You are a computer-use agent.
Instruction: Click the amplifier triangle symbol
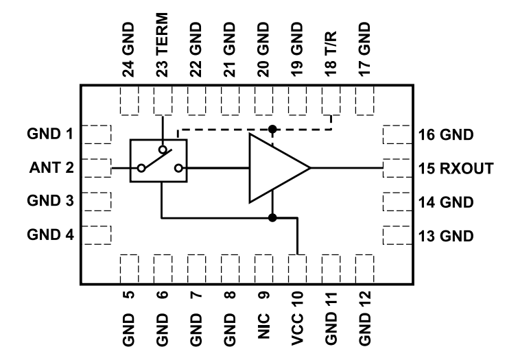click(274, 167)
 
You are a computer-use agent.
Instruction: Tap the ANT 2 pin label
click(49, 167)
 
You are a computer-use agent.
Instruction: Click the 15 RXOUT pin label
click(456, 168)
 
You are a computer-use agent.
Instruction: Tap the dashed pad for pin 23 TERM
click(163, 103)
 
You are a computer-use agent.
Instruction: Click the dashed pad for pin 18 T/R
click(331, 103)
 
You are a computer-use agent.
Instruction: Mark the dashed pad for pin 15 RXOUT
click(396, 167)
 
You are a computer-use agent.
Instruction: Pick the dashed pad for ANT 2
click(97, 167)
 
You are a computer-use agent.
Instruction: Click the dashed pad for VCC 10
click(298, 264)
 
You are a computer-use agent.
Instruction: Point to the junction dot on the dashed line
click(272, 129)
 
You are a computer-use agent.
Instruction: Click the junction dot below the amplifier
click(272, 218)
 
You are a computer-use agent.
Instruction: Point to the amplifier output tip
click(310, 167)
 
